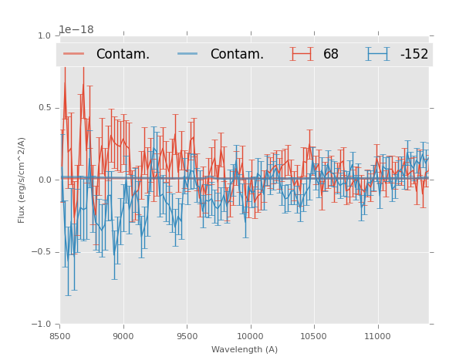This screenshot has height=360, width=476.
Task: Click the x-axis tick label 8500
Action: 59,337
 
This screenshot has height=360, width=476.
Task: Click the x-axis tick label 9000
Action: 123,337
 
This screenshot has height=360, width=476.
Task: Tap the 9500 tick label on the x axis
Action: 187,337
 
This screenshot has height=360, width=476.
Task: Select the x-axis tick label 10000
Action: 250,337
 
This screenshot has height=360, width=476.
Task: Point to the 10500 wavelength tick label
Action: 313,337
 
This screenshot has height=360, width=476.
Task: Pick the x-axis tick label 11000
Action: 377,337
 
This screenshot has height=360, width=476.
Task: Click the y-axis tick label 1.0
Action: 44,35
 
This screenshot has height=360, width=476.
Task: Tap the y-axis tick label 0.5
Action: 44,108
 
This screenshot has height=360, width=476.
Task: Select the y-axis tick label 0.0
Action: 44,180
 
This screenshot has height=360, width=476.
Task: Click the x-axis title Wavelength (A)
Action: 245,349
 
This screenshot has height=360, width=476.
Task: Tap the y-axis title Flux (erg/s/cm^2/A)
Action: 22,180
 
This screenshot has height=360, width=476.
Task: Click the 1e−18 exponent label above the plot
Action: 76,30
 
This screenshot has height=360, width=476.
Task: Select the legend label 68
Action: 331,54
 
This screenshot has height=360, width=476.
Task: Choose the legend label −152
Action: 414,54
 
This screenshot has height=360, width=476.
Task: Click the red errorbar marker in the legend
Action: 302,54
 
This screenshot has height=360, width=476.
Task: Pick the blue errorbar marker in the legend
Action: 378,54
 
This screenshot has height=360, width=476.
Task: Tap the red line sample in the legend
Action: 74,54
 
